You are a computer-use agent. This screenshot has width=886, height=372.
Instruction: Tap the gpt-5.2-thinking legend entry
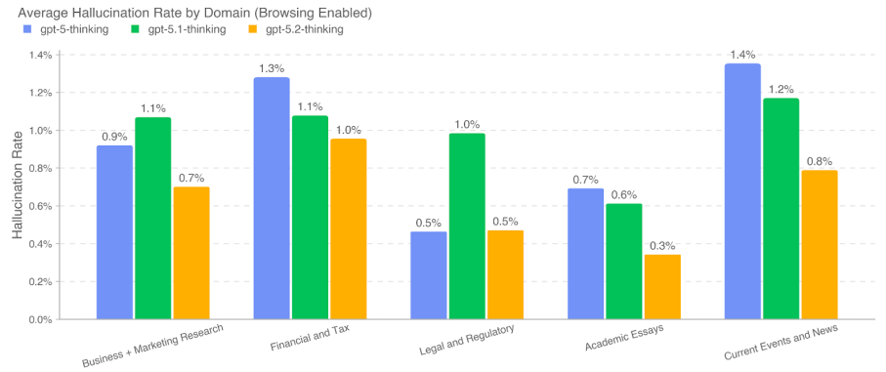coord(298,29)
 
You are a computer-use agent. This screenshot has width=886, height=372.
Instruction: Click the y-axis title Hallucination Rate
coord(18,186)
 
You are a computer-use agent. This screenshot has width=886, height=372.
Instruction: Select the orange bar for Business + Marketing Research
coord(191,253)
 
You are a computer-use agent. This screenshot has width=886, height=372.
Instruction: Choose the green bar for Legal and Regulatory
coord(467,227)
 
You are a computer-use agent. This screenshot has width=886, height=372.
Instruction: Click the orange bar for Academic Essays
coord(662,287)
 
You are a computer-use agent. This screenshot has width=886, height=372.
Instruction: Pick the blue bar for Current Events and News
coord(742,191)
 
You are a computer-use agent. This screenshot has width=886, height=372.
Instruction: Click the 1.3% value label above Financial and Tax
coord(272,68)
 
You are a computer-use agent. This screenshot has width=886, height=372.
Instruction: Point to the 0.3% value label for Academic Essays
coord(662,246)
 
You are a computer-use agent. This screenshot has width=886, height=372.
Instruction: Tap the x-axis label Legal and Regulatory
coord(465,339)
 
